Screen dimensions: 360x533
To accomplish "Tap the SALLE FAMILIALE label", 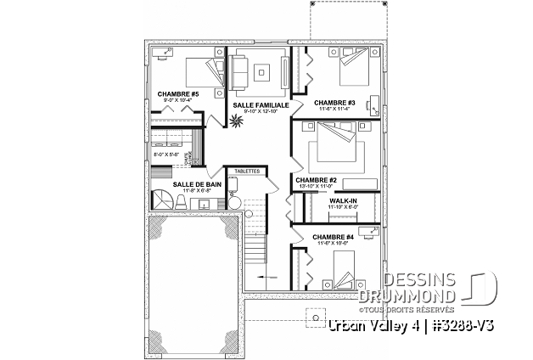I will pos(261,104).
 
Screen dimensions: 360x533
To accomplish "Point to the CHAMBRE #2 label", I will pos(317,180).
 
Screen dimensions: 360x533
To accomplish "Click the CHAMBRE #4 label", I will pos(333,237).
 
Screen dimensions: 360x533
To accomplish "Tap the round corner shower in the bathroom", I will pos(163,200).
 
